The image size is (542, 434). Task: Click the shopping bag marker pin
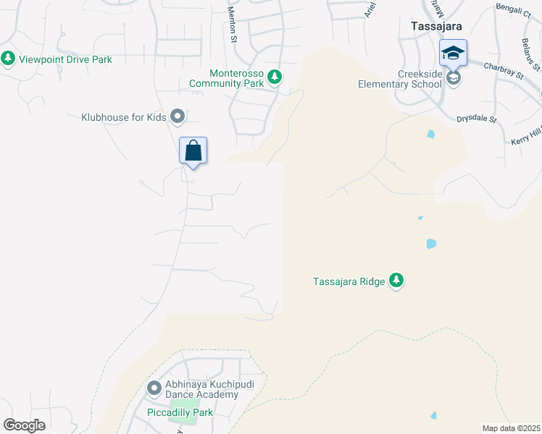(193, 151)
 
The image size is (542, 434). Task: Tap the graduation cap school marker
(453, 54)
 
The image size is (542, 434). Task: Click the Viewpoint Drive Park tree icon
(8, 59)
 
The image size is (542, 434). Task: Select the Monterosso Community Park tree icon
(274, 75)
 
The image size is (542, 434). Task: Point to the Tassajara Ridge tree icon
(396, 280)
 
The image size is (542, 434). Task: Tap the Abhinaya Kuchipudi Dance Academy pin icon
(154, 388)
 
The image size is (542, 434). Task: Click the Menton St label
(232, 13)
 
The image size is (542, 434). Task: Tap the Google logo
(24, 425)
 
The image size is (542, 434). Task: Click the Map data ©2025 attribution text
(511, 428)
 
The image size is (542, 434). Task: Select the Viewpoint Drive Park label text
(65, 59)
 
